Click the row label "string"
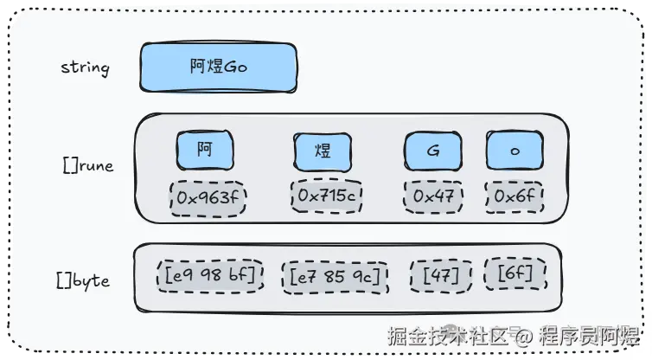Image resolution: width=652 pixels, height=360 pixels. click(85, 67)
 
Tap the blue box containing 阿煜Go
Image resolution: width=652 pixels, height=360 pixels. click(219, 67)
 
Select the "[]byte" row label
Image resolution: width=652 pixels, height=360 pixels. click(83, 280)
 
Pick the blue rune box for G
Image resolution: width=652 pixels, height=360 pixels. click(432, 151)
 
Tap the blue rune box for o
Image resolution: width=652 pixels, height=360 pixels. click(515, 151)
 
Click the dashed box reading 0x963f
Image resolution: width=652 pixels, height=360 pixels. click(208, 198)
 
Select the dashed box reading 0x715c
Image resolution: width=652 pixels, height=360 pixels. click(326, 197)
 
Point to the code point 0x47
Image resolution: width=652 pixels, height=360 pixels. click(433, 197)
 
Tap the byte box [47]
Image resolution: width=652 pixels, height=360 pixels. click(441, 276)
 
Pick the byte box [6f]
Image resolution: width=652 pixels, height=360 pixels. click(515, 275)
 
